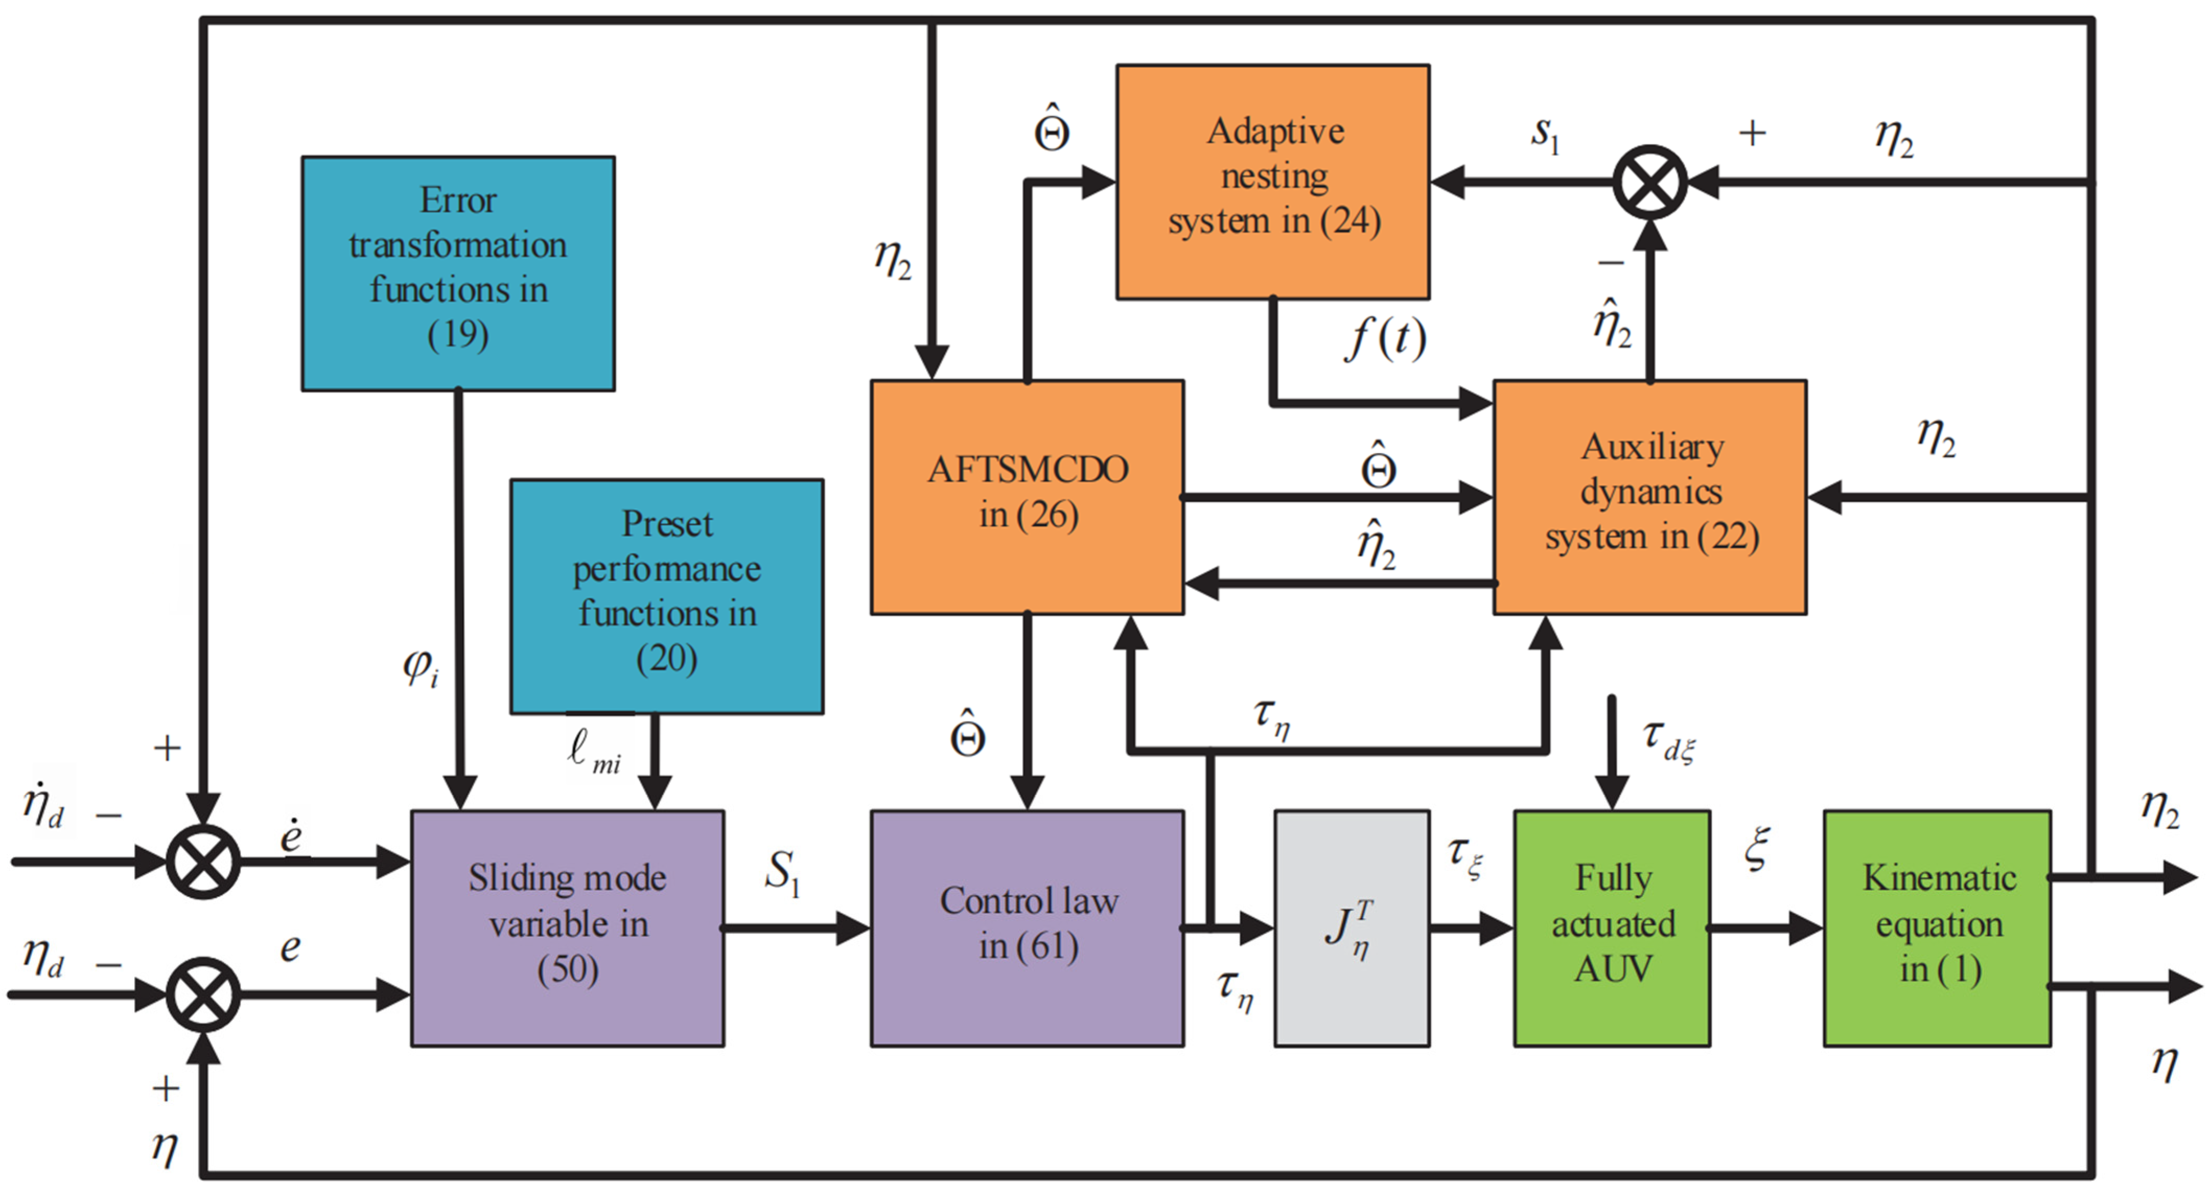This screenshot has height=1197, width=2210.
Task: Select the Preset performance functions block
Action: point(666,596)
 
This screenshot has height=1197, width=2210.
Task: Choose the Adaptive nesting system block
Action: point(1273,182)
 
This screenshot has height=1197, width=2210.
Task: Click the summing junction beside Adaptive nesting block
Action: point(1650,182)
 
